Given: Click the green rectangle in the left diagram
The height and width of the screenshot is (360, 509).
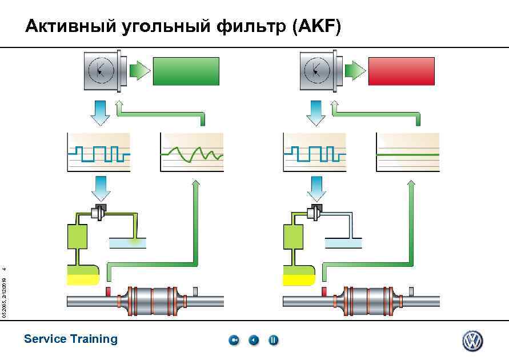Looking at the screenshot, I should pyautogui.click(x=186, y=71).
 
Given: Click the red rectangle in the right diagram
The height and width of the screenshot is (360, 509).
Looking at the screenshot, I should pyautogui.click(x=401, y=71).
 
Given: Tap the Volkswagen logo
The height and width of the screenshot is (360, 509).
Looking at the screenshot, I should pyautogui.click(x=472, y=341).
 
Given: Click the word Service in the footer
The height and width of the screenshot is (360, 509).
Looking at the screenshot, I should pyautogui.click(x=45, y=339).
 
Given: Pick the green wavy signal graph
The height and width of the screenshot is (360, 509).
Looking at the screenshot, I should pyautogui.click(x=192, y=152).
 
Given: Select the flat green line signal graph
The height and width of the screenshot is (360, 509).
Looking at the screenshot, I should pyautogui.click(x=407, y=152).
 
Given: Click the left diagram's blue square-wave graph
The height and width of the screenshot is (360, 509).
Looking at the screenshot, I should pyautogui.click(x=99, y=152).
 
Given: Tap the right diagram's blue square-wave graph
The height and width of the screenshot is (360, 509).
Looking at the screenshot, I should pyautogui.click(x=314, y=152).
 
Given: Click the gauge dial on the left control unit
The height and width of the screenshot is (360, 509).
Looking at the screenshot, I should pyautogui.click(x=101, y=70).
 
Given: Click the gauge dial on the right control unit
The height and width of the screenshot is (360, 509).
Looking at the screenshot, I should pyautogui.click(x=317, y=70).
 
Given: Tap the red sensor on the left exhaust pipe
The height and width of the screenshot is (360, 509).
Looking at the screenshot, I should pyautogui.click(x=107, y=292).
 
